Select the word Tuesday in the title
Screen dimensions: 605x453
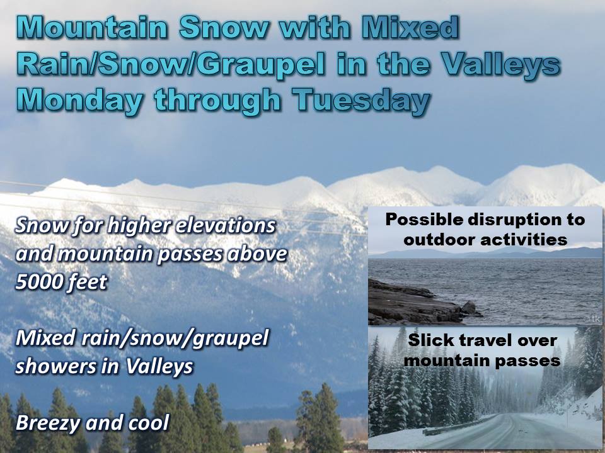(x=360, y=100)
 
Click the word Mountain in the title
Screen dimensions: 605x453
(x=92, y=28)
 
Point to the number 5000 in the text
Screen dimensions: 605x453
(x=37, y=282)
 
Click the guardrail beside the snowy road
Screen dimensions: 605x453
(x=455, y=425)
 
